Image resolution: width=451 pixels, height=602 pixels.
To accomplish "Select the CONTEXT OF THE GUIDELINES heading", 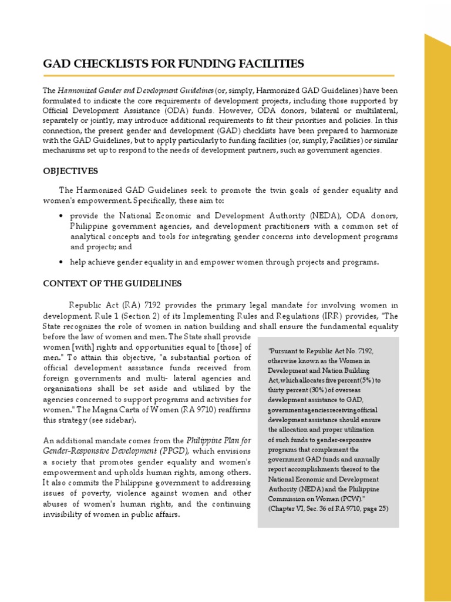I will pos(112,283).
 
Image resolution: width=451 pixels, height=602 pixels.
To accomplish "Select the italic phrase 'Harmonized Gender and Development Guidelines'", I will pos(135,91).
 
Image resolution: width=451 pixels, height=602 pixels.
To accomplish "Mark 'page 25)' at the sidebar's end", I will pos(373,509).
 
